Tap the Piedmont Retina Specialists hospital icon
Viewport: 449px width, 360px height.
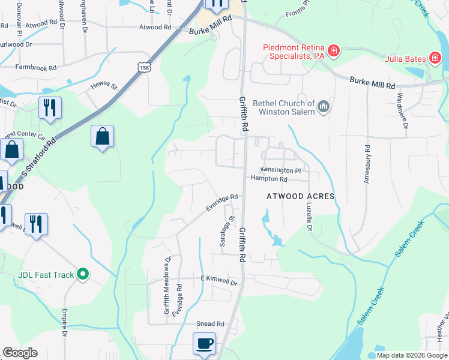[x=333, y=51]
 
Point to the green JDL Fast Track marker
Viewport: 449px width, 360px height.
[x=84, y=275]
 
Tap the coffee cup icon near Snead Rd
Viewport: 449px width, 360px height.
[x=204, y=344]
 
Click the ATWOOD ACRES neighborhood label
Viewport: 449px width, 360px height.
[x=300, y=196]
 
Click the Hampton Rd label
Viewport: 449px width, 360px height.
[x=269, y=179]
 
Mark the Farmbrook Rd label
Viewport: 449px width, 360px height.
[x=35, y=67]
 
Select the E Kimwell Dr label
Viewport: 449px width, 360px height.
[x=220, y=280]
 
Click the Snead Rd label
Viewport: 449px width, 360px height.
[x=210, y=323]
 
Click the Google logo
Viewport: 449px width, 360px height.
[x=20, y=353]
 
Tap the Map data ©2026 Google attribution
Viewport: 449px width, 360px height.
[x=412, y=355]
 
